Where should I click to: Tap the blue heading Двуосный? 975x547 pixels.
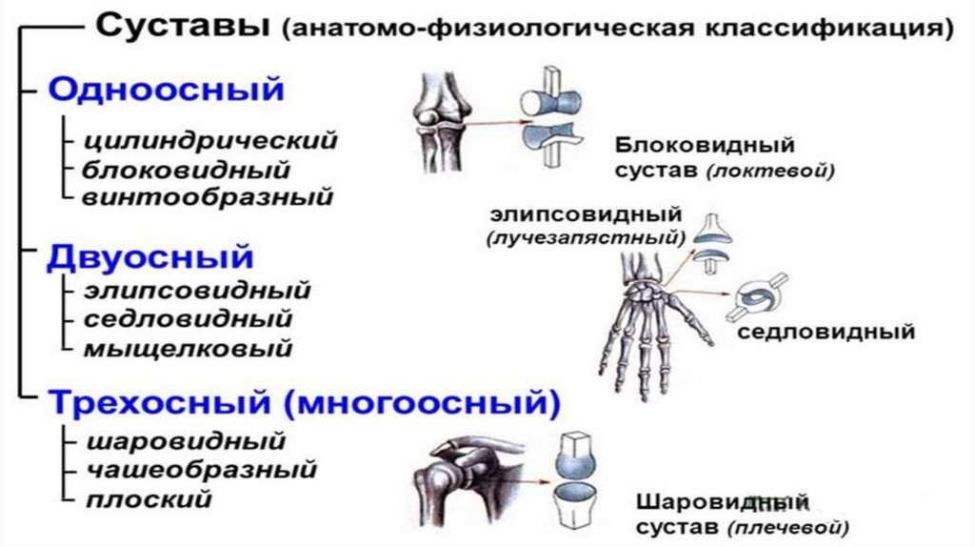point(150,256)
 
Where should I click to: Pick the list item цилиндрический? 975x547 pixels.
point(210,141)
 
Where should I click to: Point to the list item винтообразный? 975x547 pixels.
point(208,197)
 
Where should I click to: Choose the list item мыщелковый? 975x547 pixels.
point(189,348)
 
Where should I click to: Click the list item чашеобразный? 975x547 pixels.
point(201,470)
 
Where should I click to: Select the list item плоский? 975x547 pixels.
point(148,498)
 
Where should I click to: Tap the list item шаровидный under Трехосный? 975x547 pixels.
point(186,442)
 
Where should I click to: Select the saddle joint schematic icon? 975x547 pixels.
point(756,299)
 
